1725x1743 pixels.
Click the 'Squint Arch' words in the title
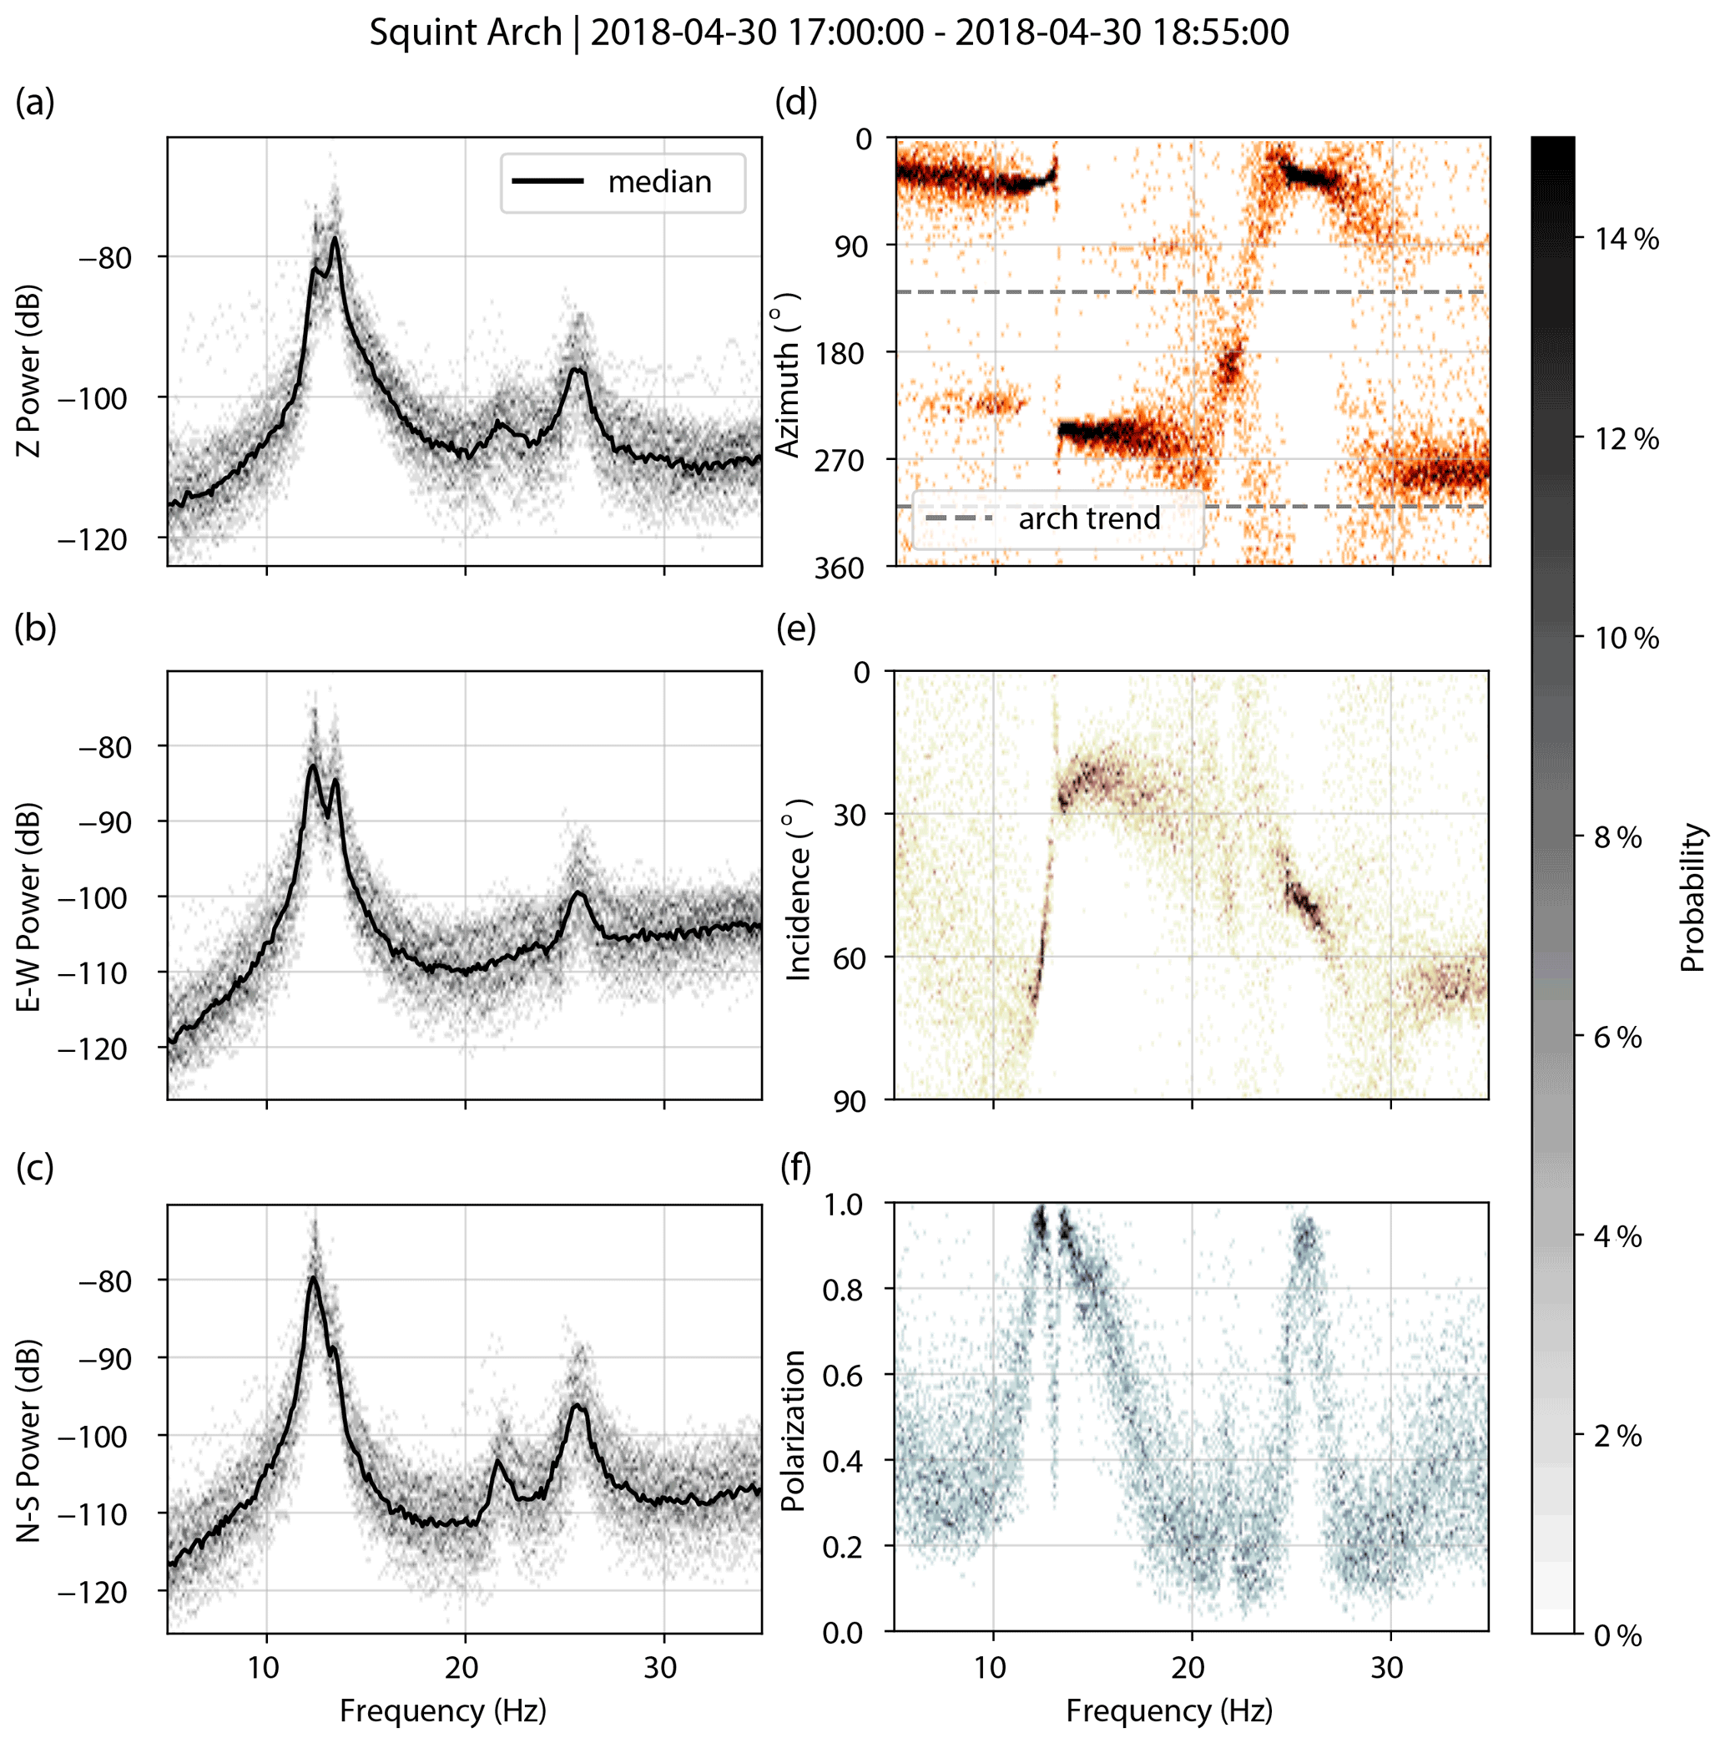point(466,33)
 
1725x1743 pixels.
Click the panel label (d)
point(795,103)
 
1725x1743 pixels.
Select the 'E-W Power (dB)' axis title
point(30,906)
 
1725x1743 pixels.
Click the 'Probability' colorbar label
point(1693,897)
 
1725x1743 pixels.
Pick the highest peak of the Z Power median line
point(335,238)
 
